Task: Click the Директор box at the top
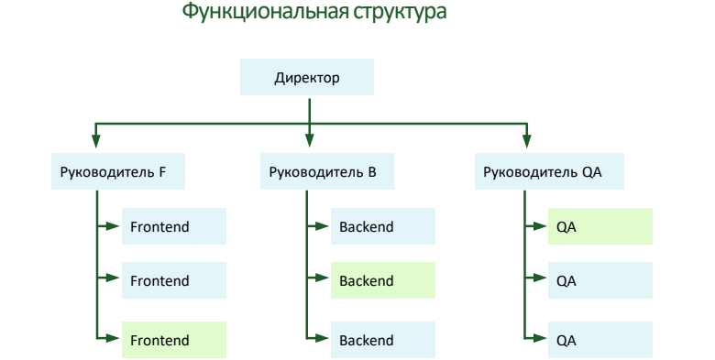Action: pyautogui.click(x=307, y=78)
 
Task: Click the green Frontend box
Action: pyautogui.click(x=173, y=340)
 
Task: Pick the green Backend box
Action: pyautogui.click(x=382, y=281)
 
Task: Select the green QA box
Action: pyautogui.click(x=599, y=226)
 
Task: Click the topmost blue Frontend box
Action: pyautogui.click(x=173, y=226)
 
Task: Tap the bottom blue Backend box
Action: pyautogui.click(x=382, y=340)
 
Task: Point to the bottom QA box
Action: pyautogui.click(x=599, y=340)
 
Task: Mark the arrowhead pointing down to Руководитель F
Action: pyautogui.click(x=95, y=141)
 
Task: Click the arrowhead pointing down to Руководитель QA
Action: pyautogui.click(x=526, y=141)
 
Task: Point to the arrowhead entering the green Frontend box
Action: pyautogui.click(x=115, y=340)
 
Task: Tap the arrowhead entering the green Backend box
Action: pyautogui.click(x=324, y=281)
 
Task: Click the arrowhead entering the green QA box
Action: pyautogui.click(x=541, y=226)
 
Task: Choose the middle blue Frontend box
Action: pyautogui.click(x=173, y=281)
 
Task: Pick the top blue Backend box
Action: pyautogui.click(x=382, y=226)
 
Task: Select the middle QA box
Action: pyautogui.click(x=599, y=281)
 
